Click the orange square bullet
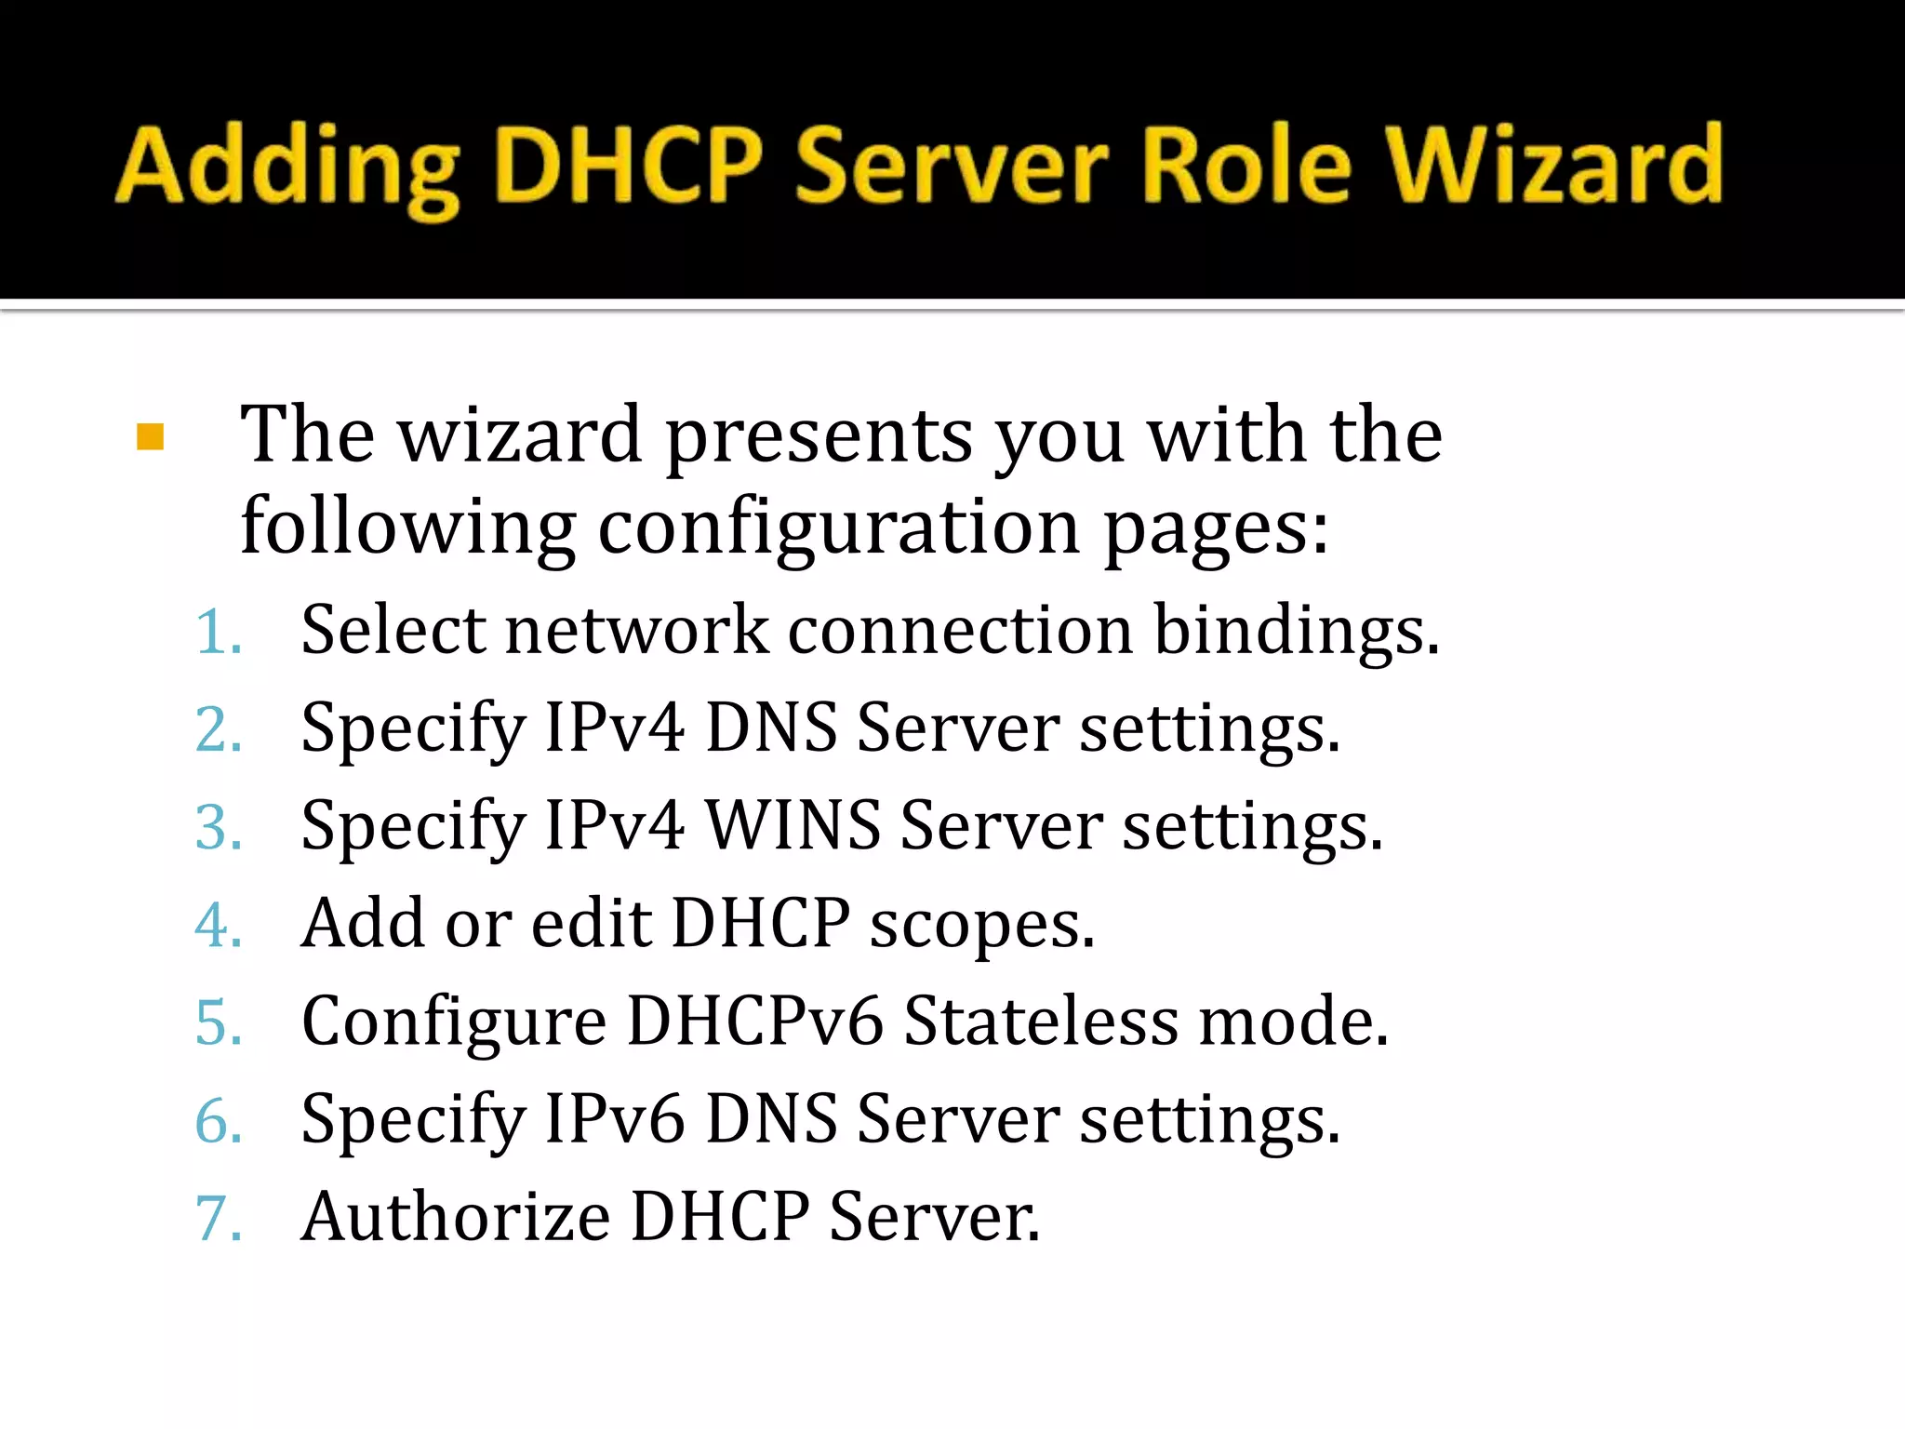150,436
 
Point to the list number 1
218,631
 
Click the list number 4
218,925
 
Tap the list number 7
218,1218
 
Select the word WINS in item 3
793,825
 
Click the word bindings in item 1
1296,631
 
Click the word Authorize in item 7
456,1217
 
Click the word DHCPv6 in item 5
754,1022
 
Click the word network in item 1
637,631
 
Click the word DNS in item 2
771,728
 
